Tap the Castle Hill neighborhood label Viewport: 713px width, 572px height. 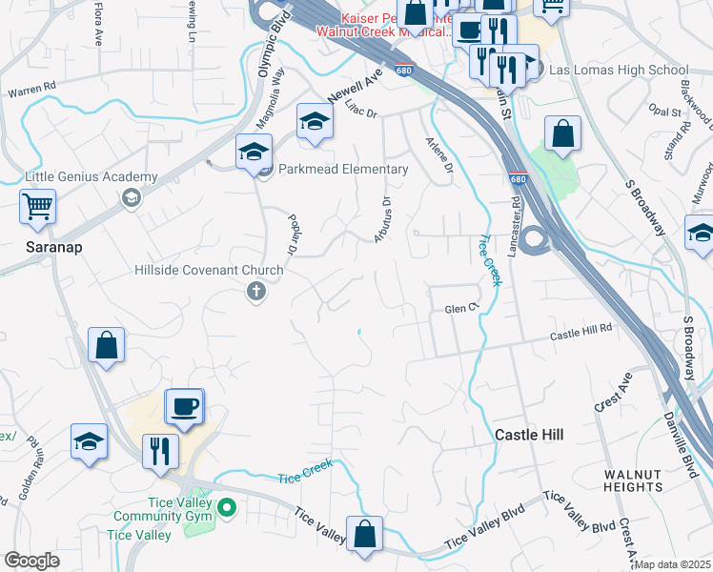[529, 435]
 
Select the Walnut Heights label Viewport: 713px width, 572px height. [632, 480]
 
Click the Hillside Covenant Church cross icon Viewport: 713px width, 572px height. [255, 293]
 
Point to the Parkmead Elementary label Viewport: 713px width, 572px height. [344, 170]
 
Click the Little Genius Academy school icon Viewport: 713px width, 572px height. [131, 197]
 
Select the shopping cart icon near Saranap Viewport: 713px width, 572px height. [37, 205]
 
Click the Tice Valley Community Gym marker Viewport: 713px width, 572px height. [226, 505]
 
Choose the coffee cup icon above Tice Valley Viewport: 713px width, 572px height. [185, 406]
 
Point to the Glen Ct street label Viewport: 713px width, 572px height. [459, 310]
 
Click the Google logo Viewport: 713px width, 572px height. [31, 561]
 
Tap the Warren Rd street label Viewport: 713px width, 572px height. [32, 93]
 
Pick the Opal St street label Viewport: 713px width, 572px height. [665, 112]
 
